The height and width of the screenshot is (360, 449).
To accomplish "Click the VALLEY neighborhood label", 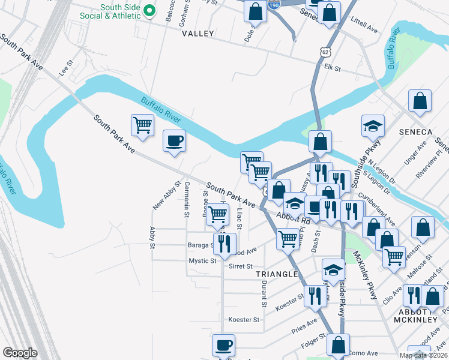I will pyautogui.click(x=197, y=34).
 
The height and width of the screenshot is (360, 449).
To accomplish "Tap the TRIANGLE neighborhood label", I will pyautogui.click(x=277, y=274).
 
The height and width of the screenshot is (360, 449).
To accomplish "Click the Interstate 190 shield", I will pyautogui.click(x=274, y=5).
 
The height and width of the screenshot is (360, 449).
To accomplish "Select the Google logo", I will pyautogui.click(x=20, y=353).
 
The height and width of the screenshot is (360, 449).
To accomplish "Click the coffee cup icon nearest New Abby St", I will pyautogui.click(x=174, y=141).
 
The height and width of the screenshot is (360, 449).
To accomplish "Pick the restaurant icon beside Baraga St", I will pyautogui.click(x=224, y=244).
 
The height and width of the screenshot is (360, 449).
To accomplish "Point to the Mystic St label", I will pyautogui.click(x=202, y=261).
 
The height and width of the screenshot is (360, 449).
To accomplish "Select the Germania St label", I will pyautogui.click(x=187, y=199).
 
